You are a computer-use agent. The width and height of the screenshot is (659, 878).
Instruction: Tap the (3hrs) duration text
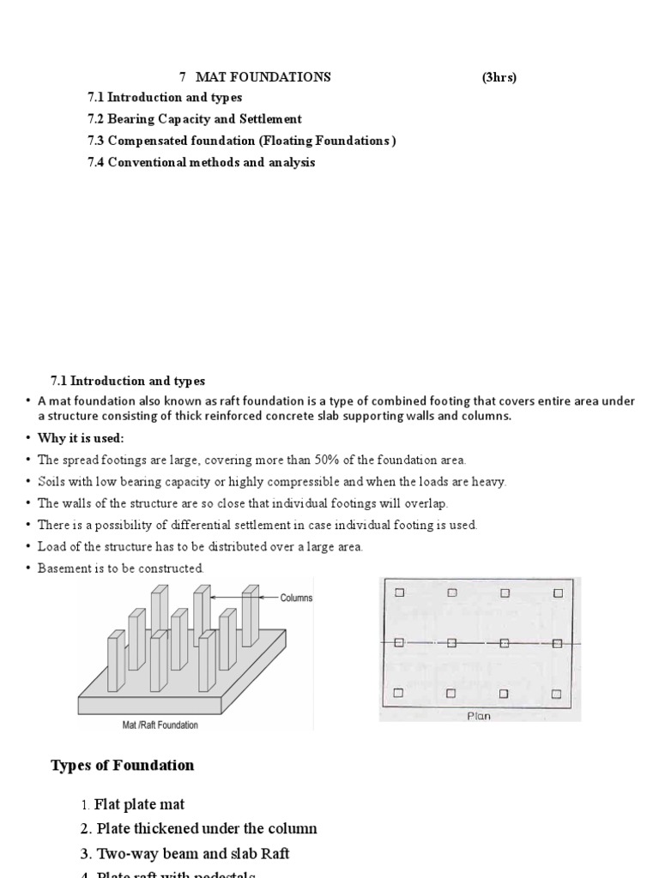pyautogui.click(x=499, y=77)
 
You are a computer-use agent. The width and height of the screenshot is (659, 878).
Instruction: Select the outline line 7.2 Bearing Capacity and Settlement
pyautogui.click(x=195, y=119)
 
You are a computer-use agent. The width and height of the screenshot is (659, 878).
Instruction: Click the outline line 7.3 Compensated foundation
pyautogui.click(x=242, y=141)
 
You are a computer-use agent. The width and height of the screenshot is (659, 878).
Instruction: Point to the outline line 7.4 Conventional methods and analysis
pyautogui.click(x=202, y=162)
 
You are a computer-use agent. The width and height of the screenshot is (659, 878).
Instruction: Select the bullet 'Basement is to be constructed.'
pyautogui.click(x=120, y=568)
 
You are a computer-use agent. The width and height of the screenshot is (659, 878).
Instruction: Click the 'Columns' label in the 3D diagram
pyautogui.click(x=296, y=598)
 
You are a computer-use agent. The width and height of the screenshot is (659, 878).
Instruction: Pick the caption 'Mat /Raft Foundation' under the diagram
pyautogui.click(x=160, y=725)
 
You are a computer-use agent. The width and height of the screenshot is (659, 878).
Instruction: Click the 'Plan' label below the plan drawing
pyautogui.click(x=479, y=715)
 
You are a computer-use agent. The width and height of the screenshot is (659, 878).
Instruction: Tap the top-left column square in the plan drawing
pyautogui.click(x=399, y=592)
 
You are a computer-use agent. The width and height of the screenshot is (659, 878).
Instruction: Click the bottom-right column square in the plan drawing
pyautogui.click(x=558, y=692)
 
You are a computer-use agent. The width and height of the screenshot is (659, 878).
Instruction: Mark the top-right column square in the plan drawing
pyautogui.click(x=558, y=592)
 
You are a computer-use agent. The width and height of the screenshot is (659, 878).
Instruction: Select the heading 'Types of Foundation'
pyautogui.click(x=123, y=766)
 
